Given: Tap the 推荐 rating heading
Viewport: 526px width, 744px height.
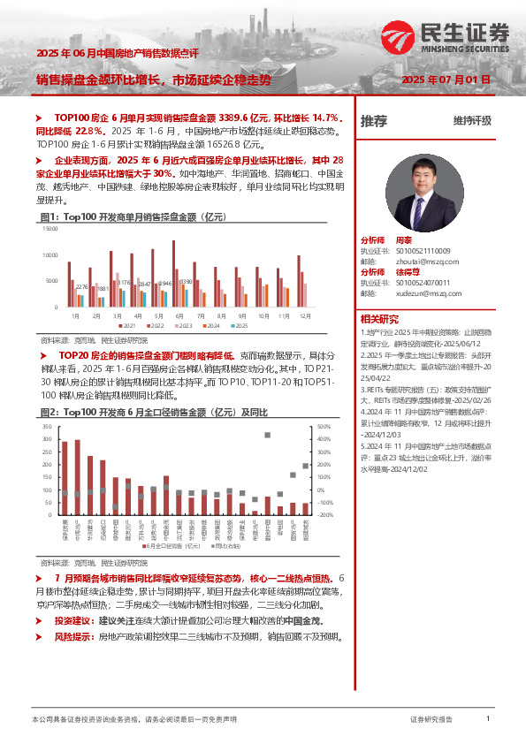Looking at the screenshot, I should click(374, 121).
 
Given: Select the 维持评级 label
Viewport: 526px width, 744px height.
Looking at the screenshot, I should click(471, 121).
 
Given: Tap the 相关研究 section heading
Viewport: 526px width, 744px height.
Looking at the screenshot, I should click(379, 319).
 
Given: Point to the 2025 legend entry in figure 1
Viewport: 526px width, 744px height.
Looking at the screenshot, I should click(235, 325).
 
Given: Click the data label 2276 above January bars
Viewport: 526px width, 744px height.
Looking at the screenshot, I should click(81, 286).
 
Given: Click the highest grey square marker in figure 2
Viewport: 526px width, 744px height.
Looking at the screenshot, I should click(267, 435).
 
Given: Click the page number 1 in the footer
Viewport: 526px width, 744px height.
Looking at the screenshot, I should click(488, 719).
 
